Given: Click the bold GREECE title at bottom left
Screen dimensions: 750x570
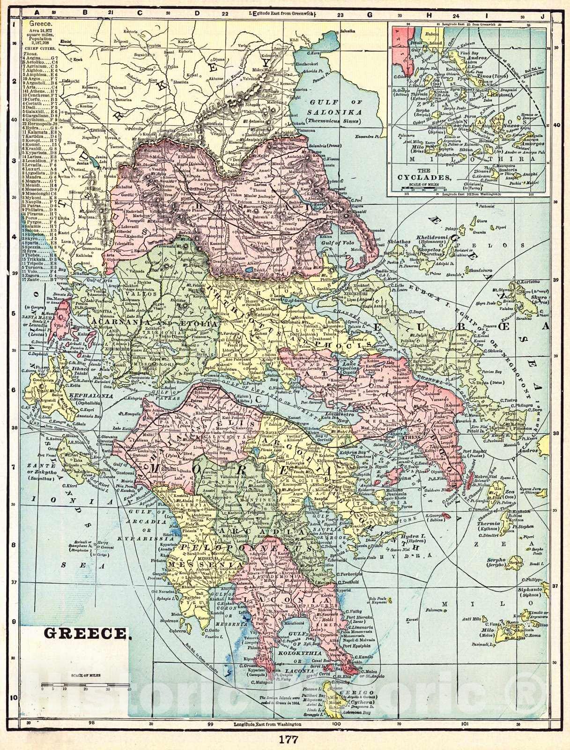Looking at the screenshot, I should coord(86,633).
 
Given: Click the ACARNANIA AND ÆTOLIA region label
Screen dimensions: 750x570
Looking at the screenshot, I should coord(155,323).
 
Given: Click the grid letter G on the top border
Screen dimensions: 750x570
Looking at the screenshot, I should coord(370,15).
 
